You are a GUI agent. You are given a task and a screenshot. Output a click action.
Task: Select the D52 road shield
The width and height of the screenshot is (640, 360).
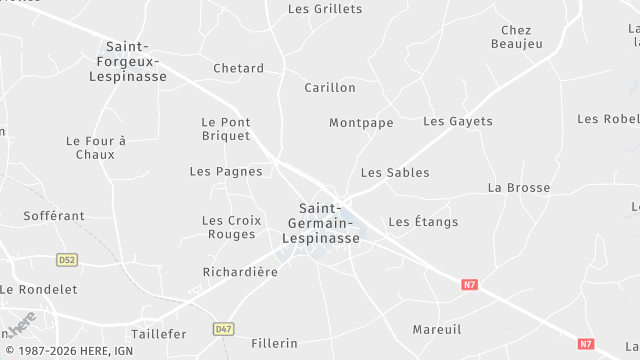click(x=67, y=260)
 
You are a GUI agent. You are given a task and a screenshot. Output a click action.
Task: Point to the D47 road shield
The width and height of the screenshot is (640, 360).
click(x=224, y=328)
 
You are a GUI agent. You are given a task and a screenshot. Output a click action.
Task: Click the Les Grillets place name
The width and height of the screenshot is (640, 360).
click(x=325, y=9)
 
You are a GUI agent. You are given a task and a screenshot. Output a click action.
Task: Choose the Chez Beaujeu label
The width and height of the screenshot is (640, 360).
click(x=510, y=37)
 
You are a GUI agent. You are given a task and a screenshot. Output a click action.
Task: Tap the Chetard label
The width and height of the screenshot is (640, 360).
click(x=238, y=69)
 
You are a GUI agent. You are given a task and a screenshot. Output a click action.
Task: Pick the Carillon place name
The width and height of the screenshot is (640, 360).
click(x=330, y=88)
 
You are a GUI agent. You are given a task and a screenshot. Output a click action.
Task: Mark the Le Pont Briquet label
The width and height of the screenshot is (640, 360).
click(x=226, y=129)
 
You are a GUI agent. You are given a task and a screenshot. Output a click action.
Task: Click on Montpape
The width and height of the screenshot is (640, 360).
click(x=361, y=123)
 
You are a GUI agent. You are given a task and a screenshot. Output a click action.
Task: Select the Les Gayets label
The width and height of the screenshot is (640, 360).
click(x=458, y=122)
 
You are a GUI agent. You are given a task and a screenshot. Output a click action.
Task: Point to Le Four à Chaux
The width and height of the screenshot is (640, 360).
click(x=96, y=148)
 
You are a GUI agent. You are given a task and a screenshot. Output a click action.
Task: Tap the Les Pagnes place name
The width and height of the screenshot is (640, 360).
click(x=226, y=172)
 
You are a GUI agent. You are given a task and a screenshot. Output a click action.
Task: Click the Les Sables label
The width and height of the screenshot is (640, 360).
click(x=395, y=173)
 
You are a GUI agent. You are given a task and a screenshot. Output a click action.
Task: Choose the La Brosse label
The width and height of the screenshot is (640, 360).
click(x=519, y=188)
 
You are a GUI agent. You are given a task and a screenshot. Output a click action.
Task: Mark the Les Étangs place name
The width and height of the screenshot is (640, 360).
click(x=423, y=222)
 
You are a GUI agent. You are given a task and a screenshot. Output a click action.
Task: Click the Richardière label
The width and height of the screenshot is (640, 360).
click(x=240, y=272)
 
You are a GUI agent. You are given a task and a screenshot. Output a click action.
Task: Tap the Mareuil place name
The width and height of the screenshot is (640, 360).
click(x=437, y=329)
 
